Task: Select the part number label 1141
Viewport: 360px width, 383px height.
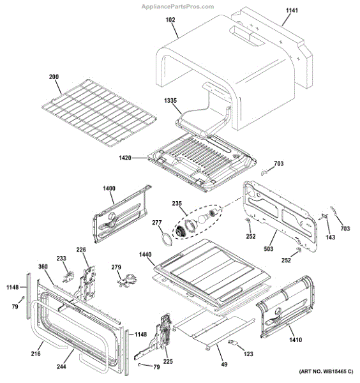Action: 290,11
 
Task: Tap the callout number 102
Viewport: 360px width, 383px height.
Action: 170,20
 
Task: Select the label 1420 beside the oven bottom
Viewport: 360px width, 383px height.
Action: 126,157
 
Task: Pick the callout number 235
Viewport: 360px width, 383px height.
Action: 177,204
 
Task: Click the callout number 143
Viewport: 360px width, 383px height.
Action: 330,237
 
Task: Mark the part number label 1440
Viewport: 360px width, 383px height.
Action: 145,255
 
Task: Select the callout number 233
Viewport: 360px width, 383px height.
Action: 61,259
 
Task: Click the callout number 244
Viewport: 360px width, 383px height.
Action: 61,366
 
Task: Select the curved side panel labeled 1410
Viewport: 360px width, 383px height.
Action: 290,306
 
